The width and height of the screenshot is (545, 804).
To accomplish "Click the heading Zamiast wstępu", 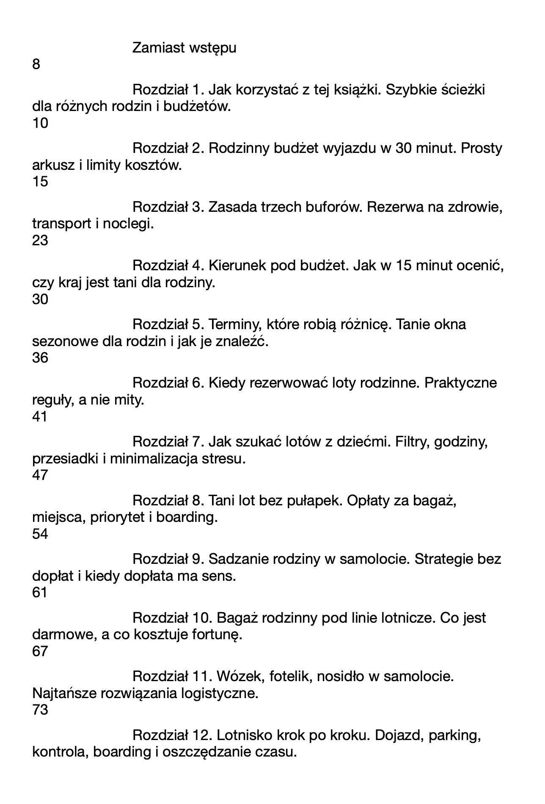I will (184, 48).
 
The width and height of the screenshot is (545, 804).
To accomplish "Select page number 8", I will (36, 65).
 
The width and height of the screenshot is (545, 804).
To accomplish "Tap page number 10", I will (40, 123).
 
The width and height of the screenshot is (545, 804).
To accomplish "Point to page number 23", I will (40, 241).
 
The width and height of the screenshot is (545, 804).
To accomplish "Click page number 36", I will (40, 358).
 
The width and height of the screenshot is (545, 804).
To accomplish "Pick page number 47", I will (40, 475).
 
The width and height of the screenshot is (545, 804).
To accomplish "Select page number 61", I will (40, 593).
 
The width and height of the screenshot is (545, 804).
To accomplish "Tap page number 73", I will (40, 710).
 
